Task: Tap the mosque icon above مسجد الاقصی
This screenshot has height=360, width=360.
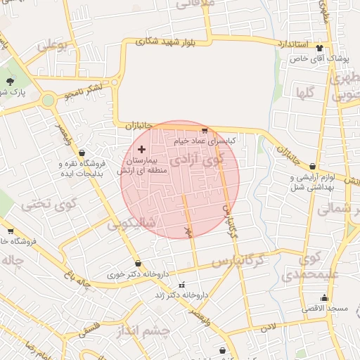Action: (324, 297)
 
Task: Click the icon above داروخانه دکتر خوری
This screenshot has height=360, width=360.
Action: (138, 264)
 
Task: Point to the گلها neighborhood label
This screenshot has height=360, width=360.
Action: (304, 92)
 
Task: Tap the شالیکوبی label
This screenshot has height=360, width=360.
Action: (133, 226)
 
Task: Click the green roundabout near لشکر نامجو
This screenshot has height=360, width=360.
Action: (48, 101)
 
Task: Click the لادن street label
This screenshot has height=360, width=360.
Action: (268, 327)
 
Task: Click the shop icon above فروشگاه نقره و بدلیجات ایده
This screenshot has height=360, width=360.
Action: (82, 152)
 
